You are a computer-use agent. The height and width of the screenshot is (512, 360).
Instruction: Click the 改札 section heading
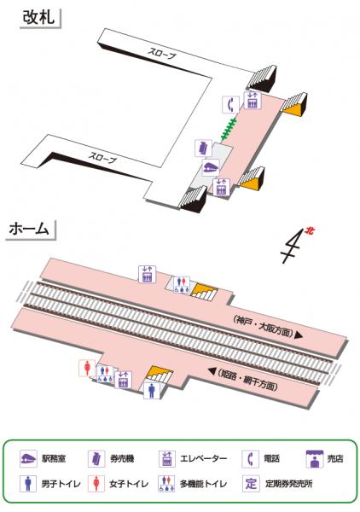pyautogui.click(x=38, y=17)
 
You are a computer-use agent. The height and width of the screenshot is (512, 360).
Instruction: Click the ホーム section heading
pyautogui.click(x=29, y=229)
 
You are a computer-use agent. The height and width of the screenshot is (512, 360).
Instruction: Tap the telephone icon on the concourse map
pyautogui.click(x=230, y=105)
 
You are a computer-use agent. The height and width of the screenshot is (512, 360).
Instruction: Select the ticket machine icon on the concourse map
pyautogui.click(x=203, y=148)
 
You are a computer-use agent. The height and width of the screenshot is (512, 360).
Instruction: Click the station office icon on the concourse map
pyautogui.click(x=211, y=167)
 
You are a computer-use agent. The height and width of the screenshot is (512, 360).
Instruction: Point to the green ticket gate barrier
pyautogui.click(x=229, y=130)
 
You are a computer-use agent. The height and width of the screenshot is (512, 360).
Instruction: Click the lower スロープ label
pyautogui.click(x=102, y=157)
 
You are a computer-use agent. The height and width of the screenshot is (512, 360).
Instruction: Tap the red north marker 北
pyautogui.click(x=309, y=231)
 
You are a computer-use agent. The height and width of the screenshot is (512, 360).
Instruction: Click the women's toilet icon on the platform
pyautogui.click(x=88, y=368)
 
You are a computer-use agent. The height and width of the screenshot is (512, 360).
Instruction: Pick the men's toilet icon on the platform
pyautogui.click(x=152, y=390)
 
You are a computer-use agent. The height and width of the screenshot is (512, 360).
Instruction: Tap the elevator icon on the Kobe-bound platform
pyautogui.click(x=148, y=274)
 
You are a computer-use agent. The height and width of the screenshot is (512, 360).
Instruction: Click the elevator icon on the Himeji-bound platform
pyautogui.click(x=123, y=380)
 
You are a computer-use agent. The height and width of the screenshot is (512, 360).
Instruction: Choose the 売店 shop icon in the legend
pyautogui.click(x=315, y=459)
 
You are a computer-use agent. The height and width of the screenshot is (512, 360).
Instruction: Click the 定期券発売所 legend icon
pyautogui.click(x=252, y=484)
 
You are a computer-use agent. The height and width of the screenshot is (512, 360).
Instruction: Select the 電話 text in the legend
pyautogui.click(x=271, y=459)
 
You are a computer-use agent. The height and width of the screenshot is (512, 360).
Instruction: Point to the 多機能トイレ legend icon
pyautogui.click(x=167, y=484)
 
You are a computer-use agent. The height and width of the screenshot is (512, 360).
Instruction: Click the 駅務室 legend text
pyautogui.click(x=54, y=459)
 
